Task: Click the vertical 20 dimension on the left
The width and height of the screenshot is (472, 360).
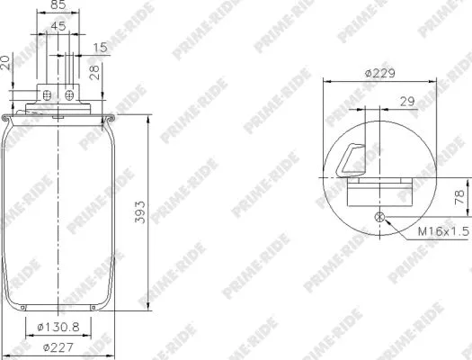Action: pos(6,62)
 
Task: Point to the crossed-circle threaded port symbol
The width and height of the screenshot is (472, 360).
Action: pos(378,216)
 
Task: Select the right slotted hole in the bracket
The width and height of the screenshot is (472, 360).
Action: pos(70,94)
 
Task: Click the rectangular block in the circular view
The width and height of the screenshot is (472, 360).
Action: pos(379,191)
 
